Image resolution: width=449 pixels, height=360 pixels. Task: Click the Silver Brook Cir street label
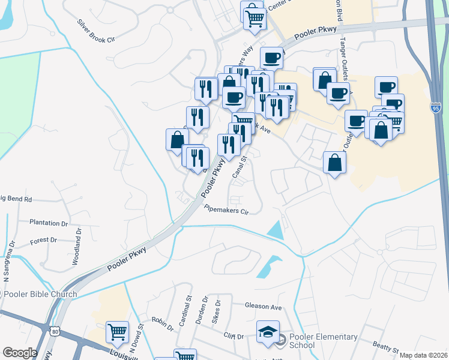(95, 31)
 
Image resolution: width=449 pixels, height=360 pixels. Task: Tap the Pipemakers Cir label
(226, 211)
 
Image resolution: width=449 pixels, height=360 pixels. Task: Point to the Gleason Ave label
(263, 306)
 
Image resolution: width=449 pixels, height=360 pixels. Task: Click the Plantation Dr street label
(49, 222)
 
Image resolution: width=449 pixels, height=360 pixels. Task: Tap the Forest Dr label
(43, 240)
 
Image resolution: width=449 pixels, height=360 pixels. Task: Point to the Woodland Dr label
(76, 245)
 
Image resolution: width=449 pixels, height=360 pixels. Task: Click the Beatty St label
(385, 347)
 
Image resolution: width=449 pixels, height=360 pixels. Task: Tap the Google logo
(19, 353)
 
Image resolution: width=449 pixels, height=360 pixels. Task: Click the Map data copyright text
(423, 355)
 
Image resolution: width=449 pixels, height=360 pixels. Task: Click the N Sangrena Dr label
(8, 262)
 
